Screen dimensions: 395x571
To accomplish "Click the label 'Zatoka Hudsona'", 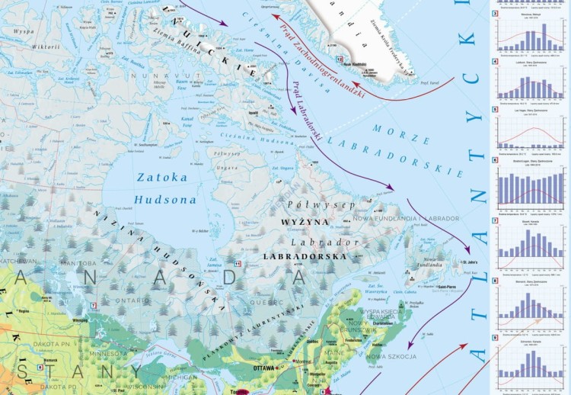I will point(161,188).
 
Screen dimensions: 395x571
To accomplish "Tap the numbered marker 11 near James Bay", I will point(238,264).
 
